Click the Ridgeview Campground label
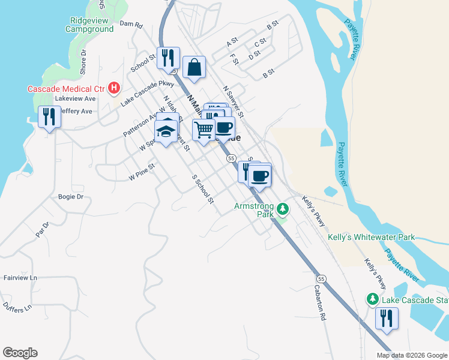pyautogui.click(x=89, y=24)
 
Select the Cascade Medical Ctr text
pyautogui.click(x=66, y=89)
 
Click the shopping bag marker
pyautogui.click(x=194, y=68)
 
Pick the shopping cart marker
pyautogui.click(x=203, y=129)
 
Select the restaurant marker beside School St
pyautogui.click(x=168, y=58)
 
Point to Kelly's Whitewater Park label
pyautogui.click(x=372, y=238)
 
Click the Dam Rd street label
pyautogui.click(x=131, y=25)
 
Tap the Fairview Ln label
pyautogui.click(x=20, y=278)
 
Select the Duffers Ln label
pyautogui.click(x=17, y=308)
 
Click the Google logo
pyautogui.click(x=20, y=353)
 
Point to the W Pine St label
pyautogui.click(x=142, y=172)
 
